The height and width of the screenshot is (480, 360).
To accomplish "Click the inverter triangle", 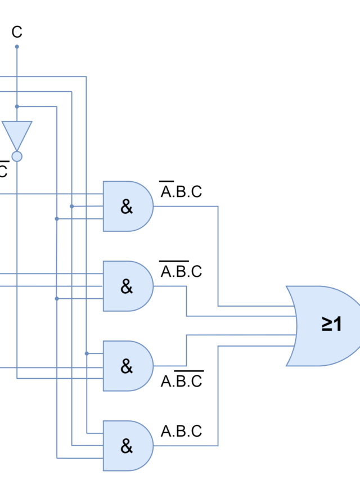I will tap(17, 133).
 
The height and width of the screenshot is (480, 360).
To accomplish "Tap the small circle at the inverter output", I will tap(17, 156).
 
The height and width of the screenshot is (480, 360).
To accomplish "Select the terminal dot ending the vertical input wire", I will tap(17, 46).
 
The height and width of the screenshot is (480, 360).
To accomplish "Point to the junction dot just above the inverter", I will tap(17, 106).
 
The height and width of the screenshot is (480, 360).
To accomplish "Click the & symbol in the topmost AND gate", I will tap(127, 207).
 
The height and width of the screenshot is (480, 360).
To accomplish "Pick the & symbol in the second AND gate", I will tap(127, 287).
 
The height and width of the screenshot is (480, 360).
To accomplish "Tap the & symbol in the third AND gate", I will tap(127, 366).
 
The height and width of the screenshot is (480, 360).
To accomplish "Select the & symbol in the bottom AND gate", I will tap(127, 446).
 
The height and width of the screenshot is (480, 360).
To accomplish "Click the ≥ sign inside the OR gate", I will tap(327, 324).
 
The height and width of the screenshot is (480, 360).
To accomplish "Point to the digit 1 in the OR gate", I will tap(337, 324).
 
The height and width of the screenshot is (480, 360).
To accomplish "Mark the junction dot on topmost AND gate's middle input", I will tap(71, 207).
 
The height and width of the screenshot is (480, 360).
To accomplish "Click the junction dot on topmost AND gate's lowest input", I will tap(57, 218).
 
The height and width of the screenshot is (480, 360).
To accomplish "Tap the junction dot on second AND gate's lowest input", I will tap(57, 299).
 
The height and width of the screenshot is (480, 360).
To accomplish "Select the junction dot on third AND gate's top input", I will tap(87, 353).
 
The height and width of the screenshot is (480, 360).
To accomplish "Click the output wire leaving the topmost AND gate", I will tap(186, 206).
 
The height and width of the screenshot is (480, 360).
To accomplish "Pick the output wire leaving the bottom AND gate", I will tap(186, 446).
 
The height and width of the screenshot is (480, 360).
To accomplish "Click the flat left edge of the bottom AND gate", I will tap(103, 446).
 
